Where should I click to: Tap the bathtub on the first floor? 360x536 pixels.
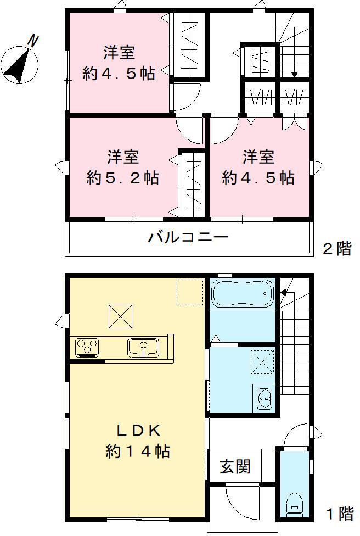(242, 295)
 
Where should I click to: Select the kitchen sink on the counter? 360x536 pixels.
(143, 347)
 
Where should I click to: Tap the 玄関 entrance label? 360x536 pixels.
(235, 466)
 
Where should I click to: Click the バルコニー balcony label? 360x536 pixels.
(188, 238)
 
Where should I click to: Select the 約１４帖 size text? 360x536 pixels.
(137, 451)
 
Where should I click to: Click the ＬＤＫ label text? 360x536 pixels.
(137, 429)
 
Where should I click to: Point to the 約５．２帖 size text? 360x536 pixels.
(122, 178)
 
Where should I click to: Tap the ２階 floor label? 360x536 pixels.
(336, 249)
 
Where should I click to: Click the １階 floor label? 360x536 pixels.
(340, 514)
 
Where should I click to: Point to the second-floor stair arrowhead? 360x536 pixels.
(295, 74)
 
